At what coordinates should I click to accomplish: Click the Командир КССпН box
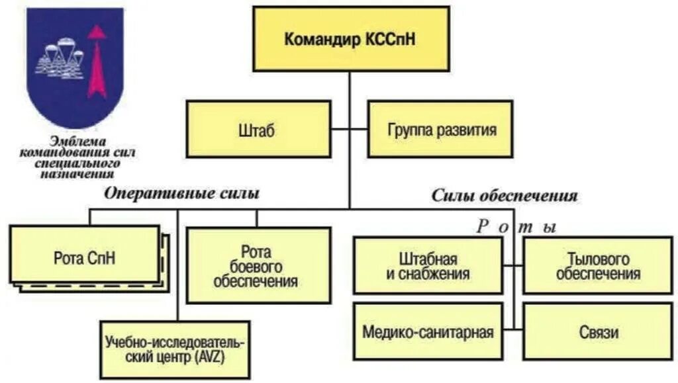click(350, 39)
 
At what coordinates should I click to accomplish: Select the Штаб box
click(258, 129)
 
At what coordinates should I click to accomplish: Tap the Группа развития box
click(441, 129)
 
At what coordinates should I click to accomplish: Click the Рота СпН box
click(84, 257)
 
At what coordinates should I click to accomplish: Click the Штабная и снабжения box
click(428, 266)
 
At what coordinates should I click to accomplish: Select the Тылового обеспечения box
click(598, 266)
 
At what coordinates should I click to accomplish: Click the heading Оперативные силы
click(181, 194)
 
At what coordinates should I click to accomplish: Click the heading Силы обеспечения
click(505, 196)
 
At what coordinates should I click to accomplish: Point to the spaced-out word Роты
click(516, 227)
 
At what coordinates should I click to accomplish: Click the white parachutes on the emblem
click(61, 60)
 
